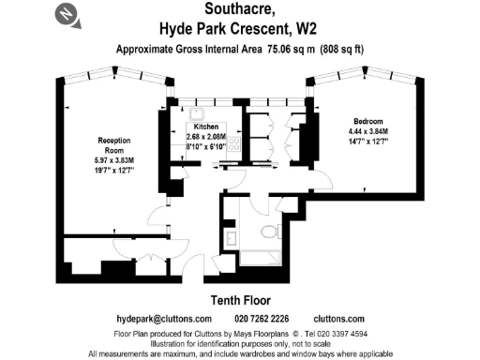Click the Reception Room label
[112, 146]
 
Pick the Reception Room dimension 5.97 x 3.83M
[112, 161]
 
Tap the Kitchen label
[205, 126]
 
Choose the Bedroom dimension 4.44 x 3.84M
[366, 132]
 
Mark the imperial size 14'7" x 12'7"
[366, 142]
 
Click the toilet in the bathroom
[269, 231]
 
